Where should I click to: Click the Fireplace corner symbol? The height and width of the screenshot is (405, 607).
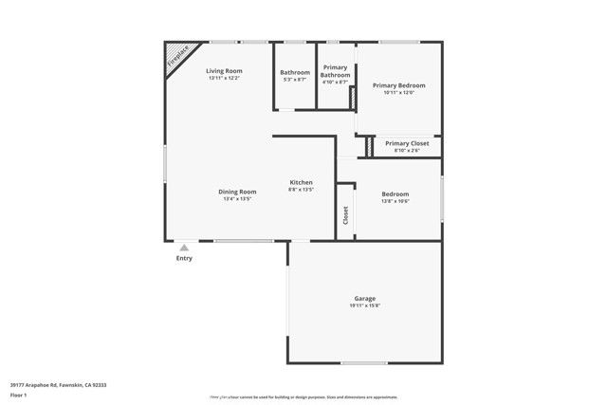[x=176, y=56]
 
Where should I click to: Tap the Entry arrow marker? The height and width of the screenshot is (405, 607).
[x=184, y=247]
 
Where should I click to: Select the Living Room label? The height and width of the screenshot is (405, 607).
[x=225, y=71]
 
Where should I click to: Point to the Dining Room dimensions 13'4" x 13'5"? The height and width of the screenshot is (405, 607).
[x=237, y=199]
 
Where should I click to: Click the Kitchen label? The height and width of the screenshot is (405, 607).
[x=301, y=182]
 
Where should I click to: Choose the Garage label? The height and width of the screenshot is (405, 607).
[x=364, y=299]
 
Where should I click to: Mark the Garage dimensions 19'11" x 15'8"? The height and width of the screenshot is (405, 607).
[x=364, y=306]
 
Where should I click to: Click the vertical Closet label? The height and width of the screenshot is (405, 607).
[x=345, y=216]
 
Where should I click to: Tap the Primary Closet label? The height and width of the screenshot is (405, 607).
[x=407, y=143]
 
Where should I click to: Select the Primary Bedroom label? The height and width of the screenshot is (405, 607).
[x=398, y=85]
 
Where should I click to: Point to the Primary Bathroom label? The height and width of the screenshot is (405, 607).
[x=336, y=71]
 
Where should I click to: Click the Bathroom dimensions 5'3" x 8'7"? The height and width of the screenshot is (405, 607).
[x=295, y=80]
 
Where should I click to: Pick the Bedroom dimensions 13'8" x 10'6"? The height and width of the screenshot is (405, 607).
[x=395, y=201]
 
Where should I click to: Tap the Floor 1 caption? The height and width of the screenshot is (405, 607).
[x=18, y=394]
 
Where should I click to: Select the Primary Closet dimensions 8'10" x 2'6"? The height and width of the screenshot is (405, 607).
[x=406, y=151]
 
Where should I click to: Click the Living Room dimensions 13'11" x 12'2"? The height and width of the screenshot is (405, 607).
[x=225, y=79]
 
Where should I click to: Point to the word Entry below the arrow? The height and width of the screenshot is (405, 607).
[x=184, y=258]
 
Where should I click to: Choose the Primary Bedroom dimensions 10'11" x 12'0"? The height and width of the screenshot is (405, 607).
[x=398, y=93]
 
